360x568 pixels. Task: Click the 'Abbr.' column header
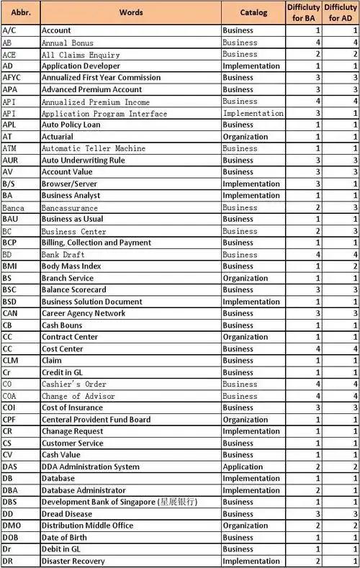click(19, 12)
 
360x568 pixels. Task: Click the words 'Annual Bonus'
click(68, 42)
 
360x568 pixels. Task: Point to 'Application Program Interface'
click(104, 113)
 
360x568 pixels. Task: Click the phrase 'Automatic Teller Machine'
click(94, 148)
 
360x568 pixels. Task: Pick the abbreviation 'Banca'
click(14, 207)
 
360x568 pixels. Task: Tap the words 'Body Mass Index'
click(72, 266)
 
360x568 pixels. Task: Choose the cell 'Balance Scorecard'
click(74, 289)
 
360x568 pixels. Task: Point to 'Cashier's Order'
click(74, 384)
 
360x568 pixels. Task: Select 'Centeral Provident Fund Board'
click(96, 419)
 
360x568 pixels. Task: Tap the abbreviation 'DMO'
click(12, 526)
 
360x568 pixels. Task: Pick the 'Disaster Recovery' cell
click(73, 561)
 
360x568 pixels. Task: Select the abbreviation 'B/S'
click(10, 184)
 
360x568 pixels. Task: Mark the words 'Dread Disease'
click(67, 514)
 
